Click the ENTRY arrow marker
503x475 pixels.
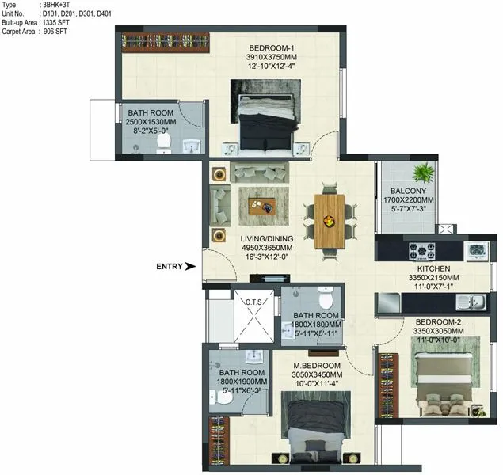(190, 267)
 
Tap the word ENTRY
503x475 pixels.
(170, 267)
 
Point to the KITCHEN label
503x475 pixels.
(412, 268)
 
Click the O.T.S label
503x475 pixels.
(253, 302)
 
